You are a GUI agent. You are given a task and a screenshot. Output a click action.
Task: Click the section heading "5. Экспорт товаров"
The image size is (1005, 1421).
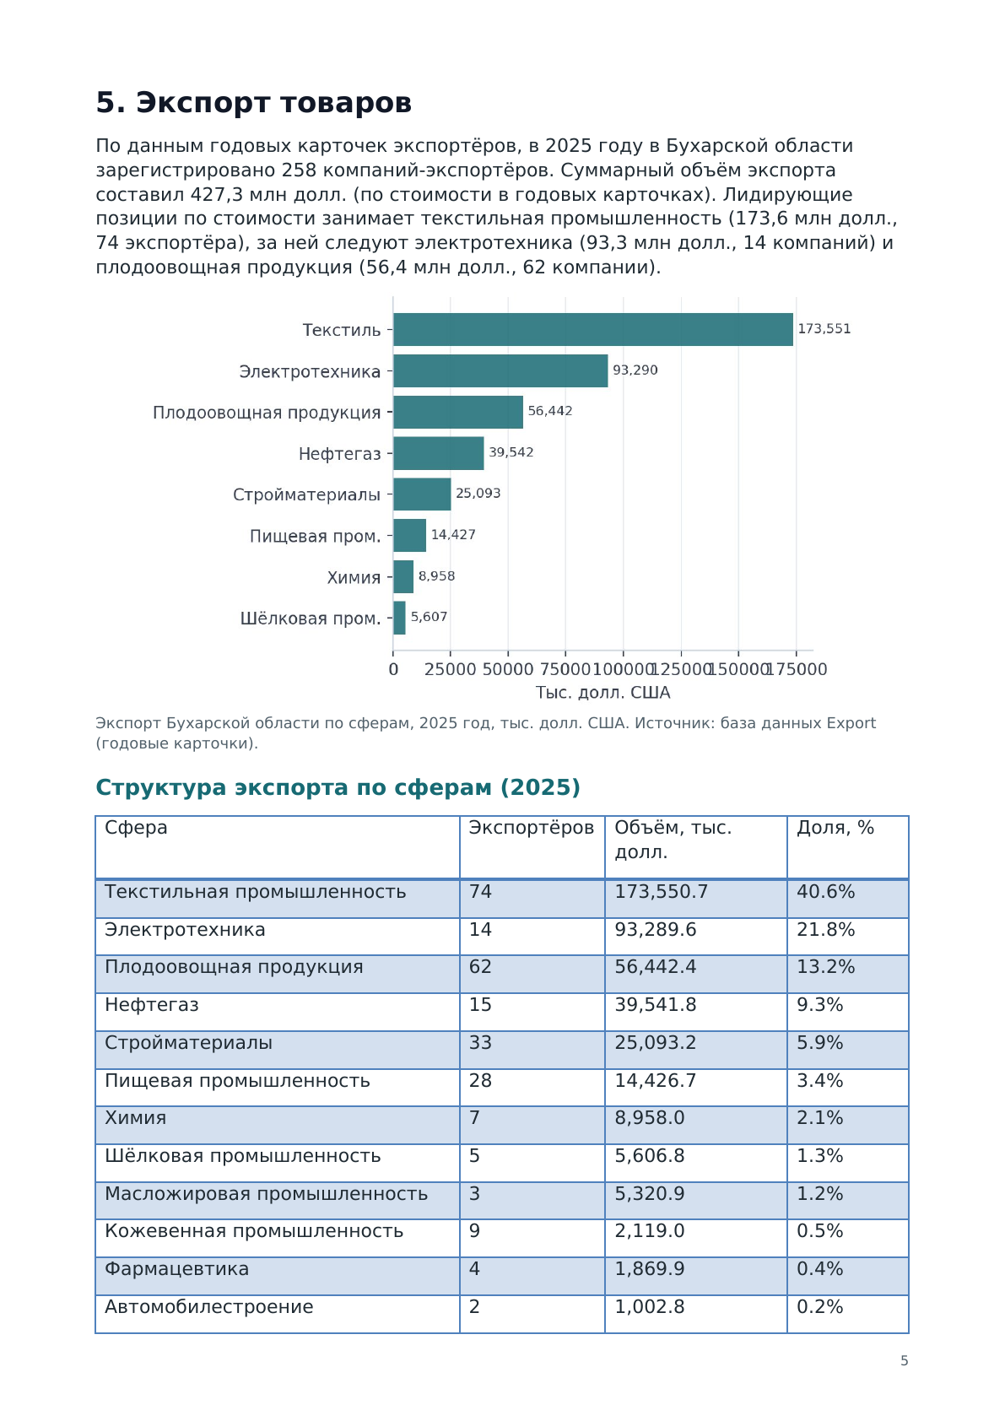click(253, 103)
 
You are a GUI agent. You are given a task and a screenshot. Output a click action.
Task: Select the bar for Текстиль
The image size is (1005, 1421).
click(592, 329)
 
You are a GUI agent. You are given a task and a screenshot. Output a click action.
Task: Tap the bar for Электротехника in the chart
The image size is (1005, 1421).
click(500, 370)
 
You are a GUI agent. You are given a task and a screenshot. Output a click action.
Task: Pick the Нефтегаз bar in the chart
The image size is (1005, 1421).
click(438, 453)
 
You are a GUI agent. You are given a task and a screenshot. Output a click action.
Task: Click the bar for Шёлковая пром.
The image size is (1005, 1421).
click(399, 618)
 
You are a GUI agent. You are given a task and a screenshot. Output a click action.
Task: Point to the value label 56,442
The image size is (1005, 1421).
click(549, 411)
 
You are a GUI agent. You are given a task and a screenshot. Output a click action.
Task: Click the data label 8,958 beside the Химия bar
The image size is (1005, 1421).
click(436, 576)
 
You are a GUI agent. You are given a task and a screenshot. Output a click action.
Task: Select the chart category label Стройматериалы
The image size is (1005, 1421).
click(306, 494)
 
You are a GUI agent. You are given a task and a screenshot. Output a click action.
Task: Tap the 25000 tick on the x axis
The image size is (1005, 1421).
click(450, 669)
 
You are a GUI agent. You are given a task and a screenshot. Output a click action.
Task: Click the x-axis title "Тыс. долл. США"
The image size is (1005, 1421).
click(602, 692)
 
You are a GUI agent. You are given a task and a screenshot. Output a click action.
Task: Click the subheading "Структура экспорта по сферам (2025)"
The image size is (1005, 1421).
click(338, 787)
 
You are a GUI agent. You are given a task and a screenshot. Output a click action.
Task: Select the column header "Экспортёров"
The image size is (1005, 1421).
click(531, 828)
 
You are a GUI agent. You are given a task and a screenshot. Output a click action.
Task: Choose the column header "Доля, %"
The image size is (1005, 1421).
click(835, 828)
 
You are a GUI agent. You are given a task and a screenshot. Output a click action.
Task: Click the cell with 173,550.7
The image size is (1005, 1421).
click(661, 892)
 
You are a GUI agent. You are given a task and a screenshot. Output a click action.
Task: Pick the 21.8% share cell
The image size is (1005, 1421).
click(825, 930)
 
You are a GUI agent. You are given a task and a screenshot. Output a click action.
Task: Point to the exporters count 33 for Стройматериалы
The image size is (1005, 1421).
click(479, 1043)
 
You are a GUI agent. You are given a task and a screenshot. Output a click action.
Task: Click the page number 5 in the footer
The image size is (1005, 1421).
click(904, 1361)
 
